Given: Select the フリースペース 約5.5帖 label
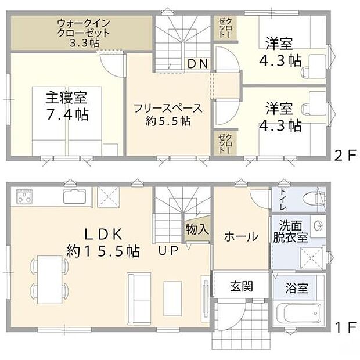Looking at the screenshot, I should [168, 114].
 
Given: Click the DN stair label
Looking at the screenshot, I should [197, 64].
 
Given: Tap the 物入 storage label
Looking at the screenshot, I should [197, 229].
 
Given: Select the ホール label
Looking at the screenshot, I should [241, 236].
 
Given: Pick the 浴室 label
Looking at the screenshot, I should [297, 288].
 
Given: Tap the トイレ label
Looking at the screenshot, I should [283, 199].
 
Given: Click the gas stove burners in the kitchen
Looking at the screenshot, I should [25, 196].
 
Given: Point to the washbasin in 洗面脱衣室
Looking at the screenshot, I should [318, 225].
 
